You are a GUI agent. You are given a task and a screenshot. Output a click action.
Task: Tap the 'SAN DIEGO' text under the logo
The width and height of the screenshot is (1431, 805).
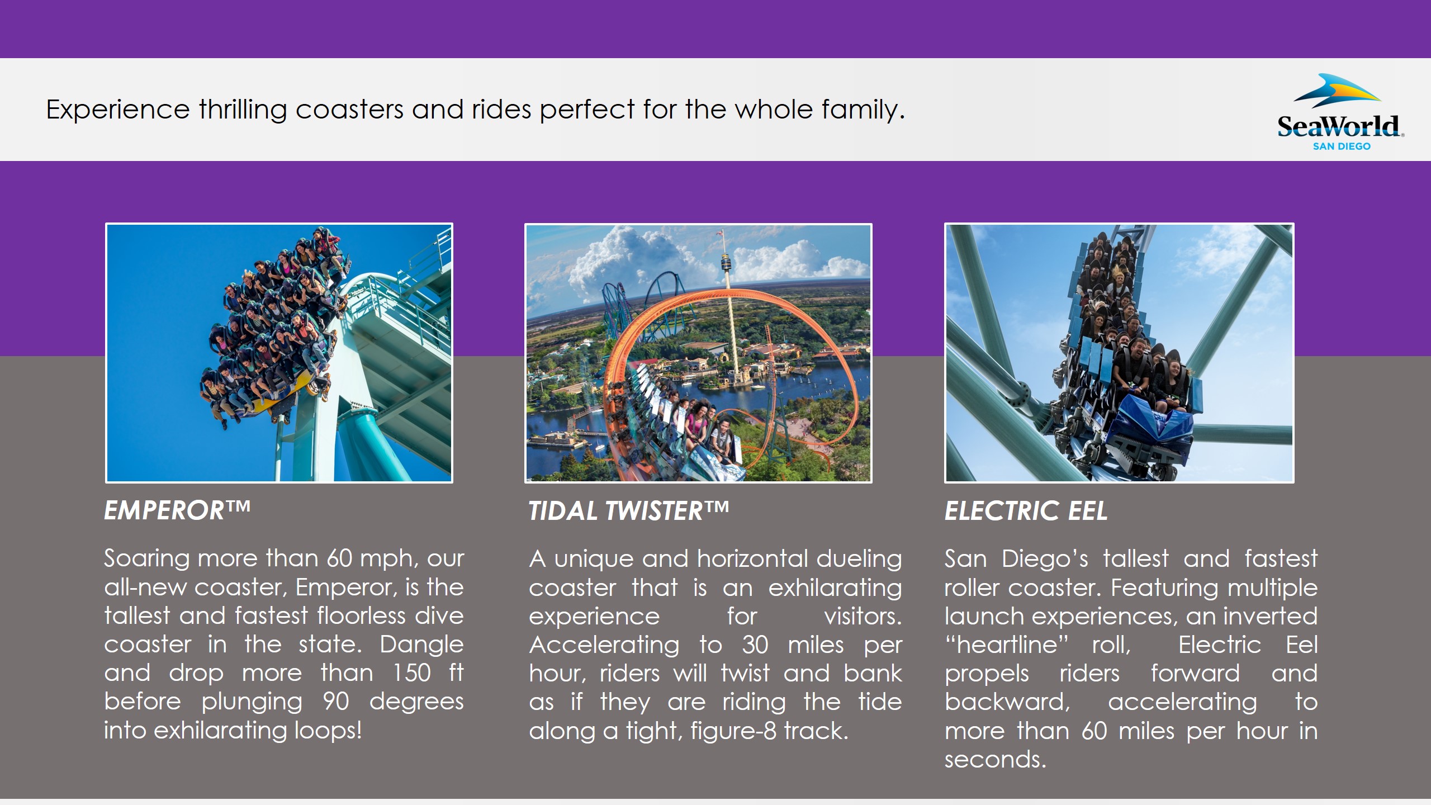point(1342,146)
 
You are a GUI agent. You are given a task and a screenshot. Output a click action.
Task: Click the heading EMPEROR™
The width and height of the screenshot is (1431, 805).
point(177,510)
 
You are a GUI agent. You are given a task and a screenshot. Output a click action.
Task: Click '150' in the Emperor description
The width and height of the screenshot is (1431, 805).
point(411,673)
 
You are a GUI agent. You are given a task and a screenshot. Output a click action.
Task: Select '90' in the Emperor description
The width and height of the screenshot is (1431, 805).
point(336,702)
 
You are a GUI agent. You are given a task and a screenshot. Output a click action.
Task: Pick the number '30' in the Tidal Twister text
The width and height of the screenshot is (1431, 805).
point(755,645)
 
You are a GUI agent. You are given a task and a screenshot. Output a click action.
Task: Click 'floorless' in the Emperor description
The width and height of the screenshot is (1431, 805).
point(361,616)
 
